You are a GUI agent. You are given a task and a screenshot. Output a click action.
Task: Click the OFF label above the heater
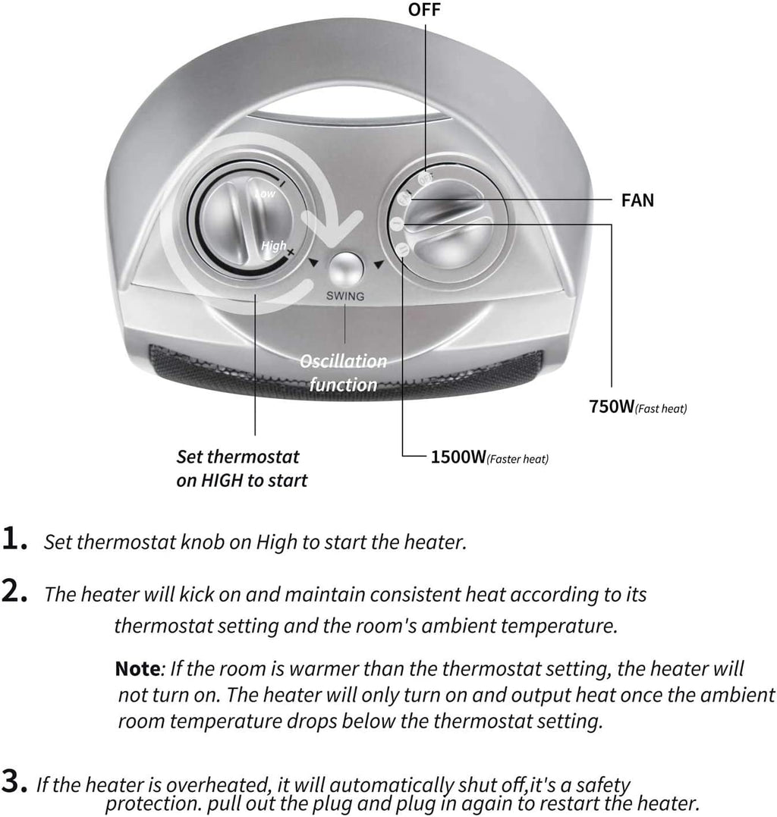click(423, 9)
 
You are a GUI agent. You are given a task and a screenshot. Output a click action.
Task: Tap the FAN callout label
click(637, 200)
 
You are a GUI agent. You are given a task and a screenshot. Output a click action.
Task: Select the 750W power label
click(611, 407)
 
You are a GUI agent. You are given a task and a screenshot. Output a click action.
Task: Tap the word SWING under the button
click(345, 296)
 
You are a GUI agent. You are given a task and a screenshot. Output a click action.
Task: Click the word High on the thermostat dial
click(273, 246)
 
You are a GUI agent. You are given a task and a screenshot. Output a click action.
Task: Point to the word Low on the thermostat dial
click(265, 194)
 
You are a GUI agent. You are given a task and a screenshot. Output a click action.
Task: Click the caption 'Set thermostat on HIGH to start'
click(241, 468)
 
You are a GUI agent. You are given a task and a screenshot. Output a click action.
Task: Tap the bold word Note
click(137, 669)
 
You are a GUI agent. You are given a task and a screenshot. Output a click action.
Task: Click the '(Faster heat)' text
click(517, 458)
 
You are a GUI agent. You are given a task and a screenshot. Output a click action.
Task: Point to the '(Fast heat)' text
click(661, 408)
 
